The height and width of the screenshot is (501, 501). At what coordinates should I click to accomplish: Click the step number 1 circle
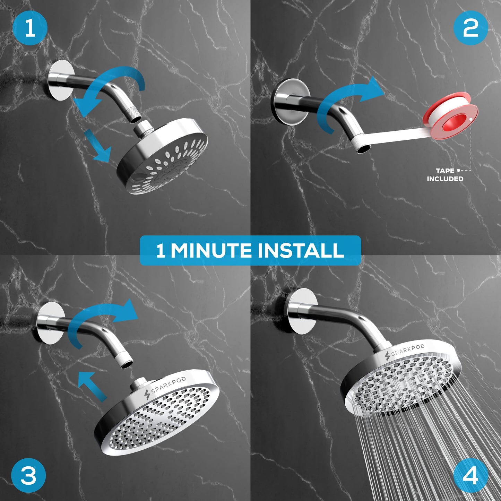pyautogui.click(x=30, y=28)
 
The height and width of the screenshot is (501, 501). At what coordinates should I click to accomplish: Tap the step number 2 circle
pyautogui.click(x=470, y=28)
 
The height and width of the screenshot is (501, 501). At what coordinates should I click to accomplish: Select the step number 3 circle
pyautogui.click(x=28, y=475)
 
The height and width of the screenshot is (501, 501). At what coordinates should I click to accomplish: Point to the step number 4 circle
pyautogui.click(x=470, y=475)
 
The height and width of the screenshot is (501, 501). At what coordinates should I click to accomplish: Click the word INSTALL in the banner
pyautogui.click(x=301, y=250)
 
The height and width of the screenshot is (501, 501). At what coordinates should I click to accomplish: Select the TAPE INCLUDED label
pyautogui.click(x=445, y=175)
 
